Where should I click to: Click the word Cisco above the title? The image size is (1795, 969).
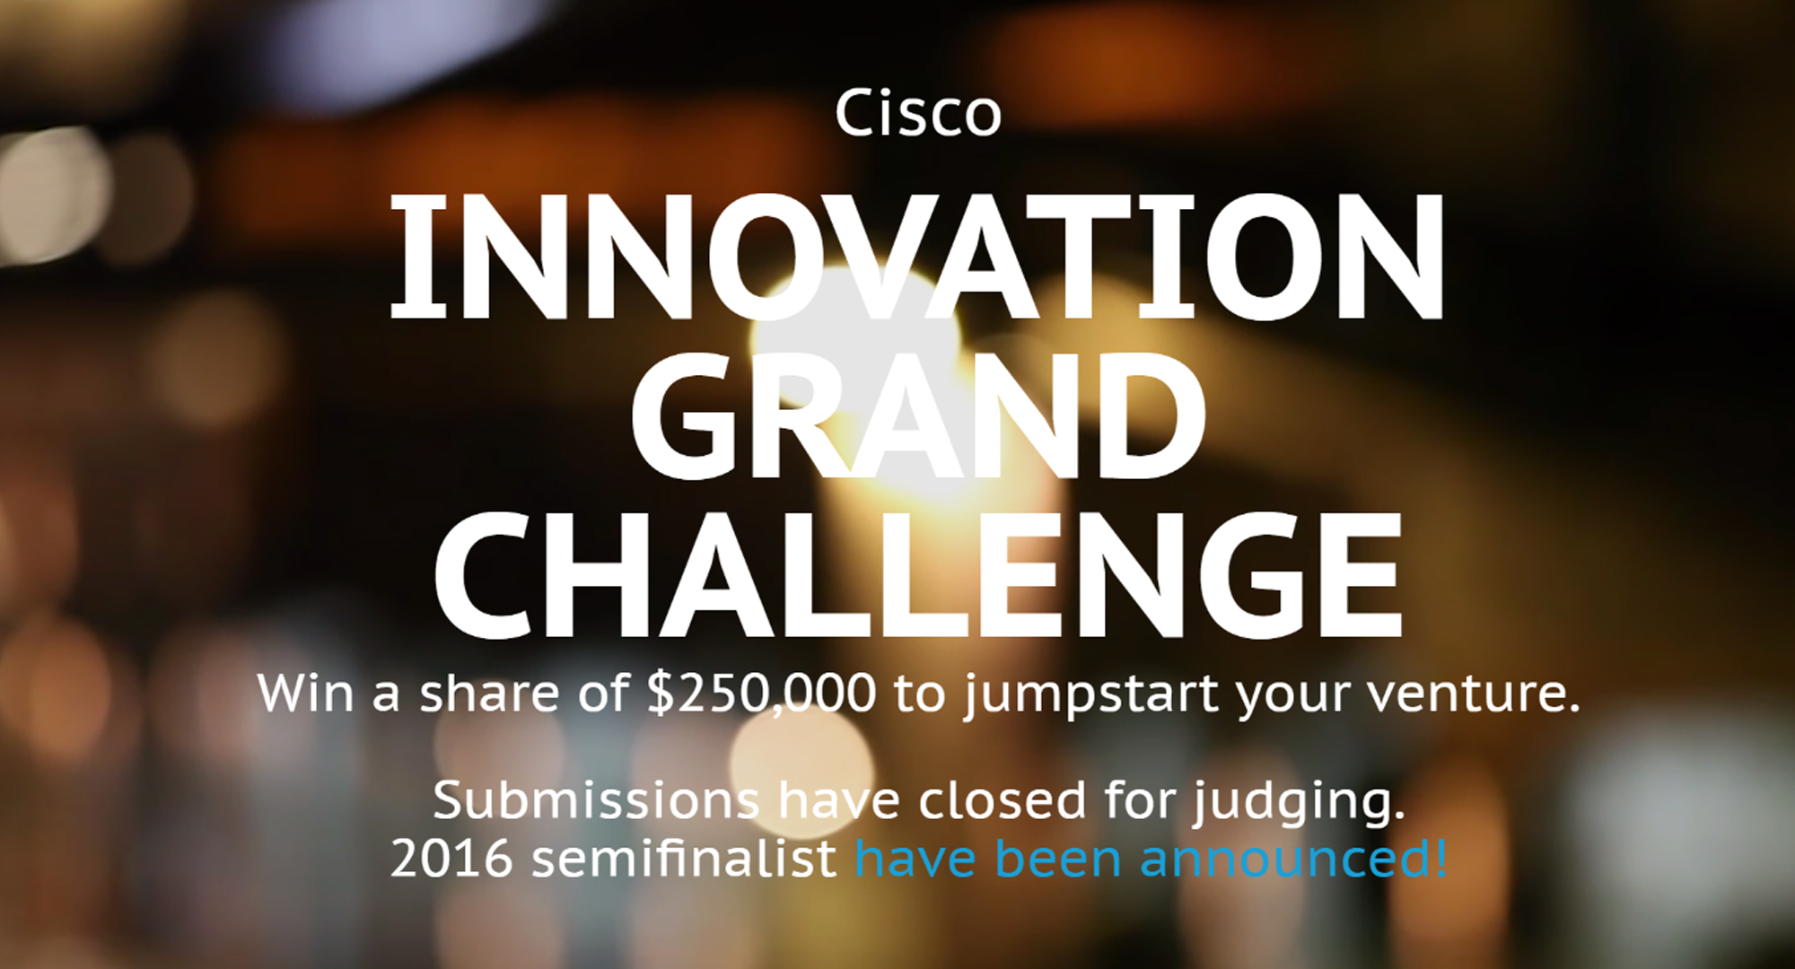pos(918,113)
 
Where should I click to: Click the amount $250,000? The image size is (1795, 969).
pos(761,694)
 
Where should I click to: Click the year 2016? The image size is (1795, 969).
pos(452,858)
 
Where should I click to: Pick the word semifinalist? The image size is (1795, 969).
pos(684,858)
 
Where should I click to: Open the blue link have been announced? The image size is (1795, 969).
pos(1151,858)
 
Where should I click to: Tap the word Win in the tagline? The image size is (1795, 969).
pos(305,694)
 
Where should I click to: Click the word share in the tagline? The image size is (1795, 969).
pos(490,694)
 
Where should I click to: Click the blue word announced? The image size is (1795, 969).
pos(1293,858)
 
